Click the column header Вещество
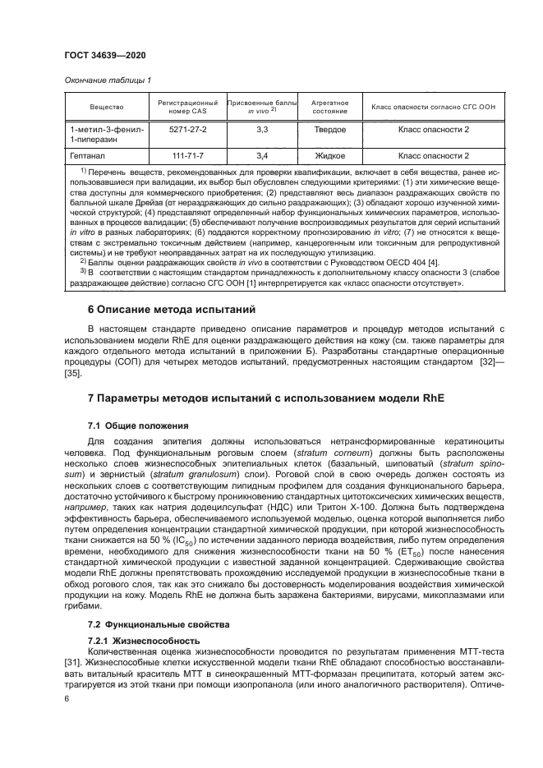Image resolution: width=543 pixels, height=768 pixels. (x=107, y=108)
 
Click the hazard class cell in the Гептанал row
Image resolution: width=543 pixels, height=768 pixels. (x=433, y=154)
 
